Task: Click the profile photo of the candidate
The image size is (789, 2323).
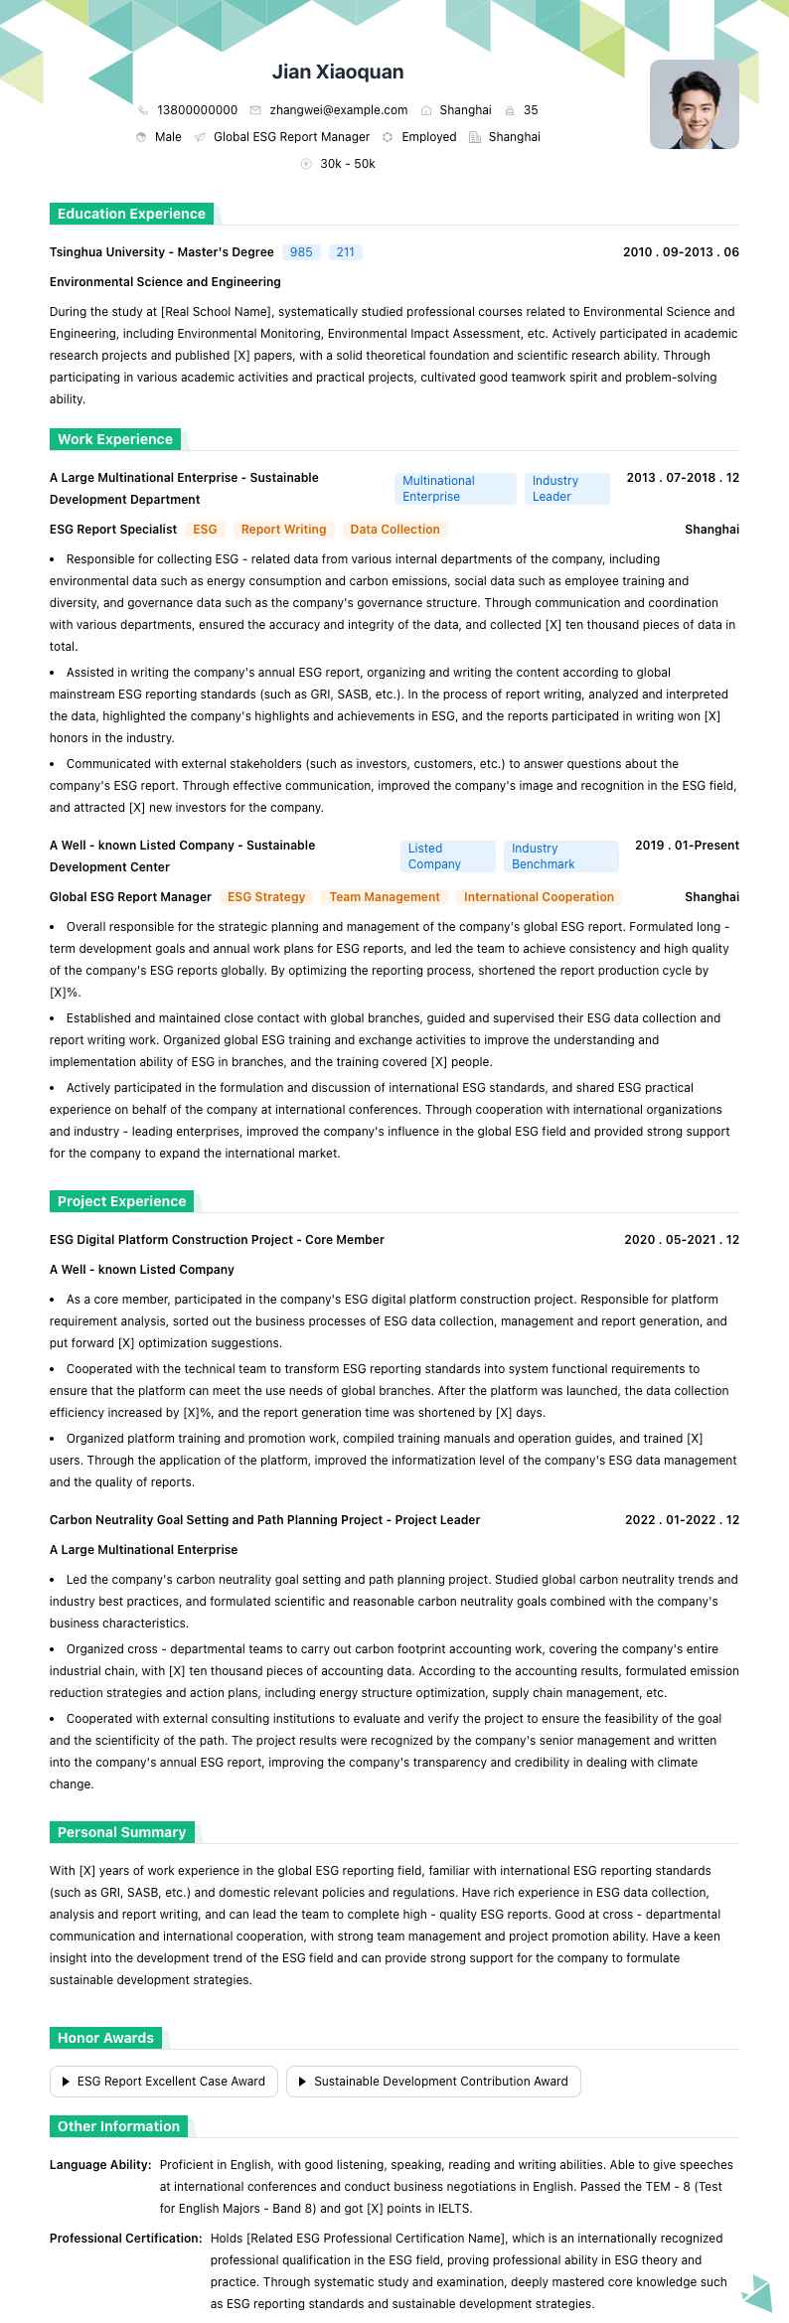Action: [x=694, y=104]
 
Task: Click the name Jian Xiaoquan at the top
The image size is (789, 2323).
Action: [x=338, y=72]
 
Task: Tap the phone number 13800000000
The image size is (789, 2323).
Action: [x=197, y=110]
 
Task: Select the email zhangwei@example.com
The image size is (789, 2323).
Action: [x=338, y=110]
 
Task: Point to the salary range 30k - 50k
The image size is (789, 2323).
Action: [x=347, y=164]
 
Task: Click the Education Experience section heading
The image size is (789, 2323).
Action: [x=131, y=214]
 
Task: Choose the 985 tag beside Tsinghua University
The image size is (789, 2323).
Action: [x=301, y=252]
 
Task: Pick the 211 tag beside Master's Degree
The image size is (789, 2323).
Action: [x=345, y=252]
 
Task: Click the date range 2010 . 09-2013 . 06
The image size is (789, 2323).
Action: [x=681, y=252]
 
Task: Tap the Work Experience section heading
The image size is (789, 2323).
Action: [x=115, y=439]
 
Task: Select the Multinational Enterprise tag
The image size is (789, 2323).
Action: [x=454, y=489]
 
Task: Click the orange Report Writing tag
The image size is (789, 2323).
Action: [x=283, y=530]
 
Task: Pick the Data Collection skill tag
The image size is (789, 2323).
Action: [x=394, y=530]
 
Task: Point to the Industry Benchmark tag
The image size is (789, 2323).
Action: [x=560, y=856]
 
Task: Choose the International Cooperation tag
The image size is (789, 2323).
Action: [x=539, y=897]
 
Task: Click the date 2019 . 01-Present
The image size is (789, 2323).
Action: [x=687, y=846]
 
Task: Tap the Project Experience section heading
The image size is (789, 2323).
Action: [x=121, y=1201]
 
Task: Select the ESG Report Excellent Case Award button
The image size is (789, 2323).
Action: [x=164, y=2082]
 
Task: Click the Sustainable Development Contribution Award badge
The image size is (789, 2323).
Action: [x=433, y=2082]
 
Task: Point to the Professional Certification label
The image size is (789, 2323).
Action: [x=126, y=2239]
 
